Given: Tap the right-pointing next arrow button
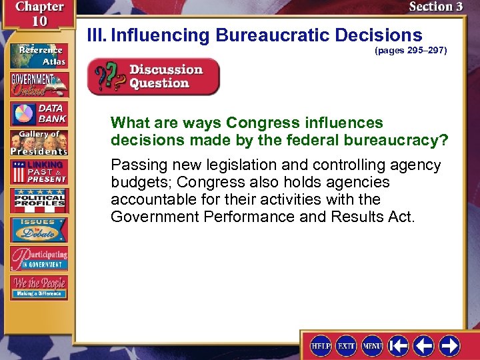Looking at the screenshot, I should tap(449, 345).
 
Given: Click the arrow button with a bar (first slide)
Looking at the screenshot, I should tap(399, 345).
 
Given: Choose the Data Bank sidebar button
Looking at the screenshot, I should tap(39, 113).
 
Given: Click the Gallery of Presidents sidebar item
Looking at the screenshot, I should tap(39, 143).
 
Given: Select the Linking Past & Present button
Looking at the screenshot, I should tap(39, 171).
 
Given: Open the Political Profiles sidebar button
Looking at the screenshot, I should tap(39, 201).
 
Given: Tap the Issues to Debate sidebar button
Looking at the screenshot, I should tap(39, 229).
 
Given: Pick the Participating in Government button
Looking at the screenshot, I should tap(39, 258).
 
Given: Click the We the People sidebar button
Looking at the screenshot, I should tap(39, 287).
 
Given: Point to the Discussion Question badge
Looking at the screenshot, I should tap(153, 77).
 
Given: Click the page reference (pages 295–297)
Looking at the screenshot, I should tap(411, 50).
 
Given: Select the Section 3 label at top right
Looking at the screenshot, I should tap(435, 7).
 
